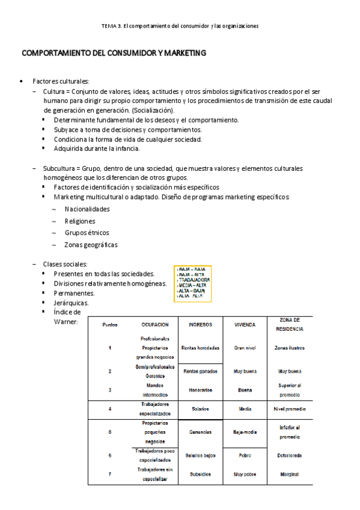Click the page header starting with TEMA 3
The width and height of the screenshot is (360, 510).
click(x=180, y=26)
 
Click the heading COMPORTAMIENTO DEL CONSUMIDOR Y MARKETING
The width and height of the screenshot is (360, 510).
click(x=114, y=54)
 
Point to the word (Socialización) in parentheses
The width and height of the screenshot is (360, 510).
click(x=153, y=111)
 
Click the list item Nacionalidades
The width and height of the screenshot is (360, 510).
click(x=87, y=209)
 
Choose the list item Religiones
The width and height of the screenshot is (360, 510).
click(x=80, y=221)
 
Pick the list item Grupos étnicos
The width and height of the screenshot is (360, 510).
click(x=87, y=233)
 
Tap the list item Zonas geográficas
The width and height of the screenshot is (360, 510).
click(x=91, y=245)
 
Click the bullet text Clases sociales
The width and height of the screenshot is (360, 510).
click(x=66, y=264)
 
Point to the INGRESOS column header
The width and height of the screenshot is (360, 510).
click(x=200, y=324)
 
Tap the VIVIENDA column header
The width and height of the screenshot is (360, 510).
click(x=245, y=324)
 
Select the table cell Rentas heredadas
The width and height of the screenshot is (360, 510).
click(x=200, y=348)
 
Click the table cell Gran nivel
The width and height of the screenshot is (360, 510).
click(x=245, y=348)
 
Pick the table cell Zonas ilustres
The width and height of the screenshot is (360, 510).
click(x=289, y=348)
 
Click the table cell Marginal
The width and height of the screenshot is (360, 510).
click(x=289, y=474)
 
